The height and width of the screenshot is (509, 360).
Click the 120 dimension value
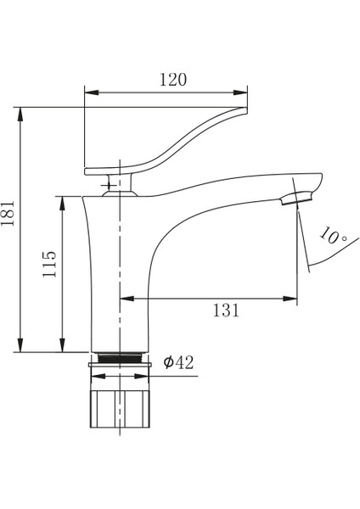(x=173, y=80)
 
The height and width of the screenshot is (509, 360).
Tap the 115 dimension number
(x=49, y=264)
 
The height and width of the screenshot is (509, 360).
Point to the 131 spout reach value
(x=226, y=310)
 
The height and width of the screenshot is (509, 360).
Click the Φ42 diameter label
(x=178, y=362)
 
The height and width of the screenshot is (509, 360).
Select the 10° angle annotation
(x=332, y=235)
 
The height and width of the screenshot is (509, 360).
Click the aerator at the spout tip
(x=296, y=198)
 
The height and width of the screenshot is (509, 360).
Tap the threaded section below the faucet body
(x=120, y=358)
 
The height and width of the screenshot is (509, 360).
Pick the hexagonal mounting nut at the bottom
(x=120, y=409)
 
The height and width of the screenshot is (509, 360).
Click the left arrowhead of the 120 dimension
(x=92, y=92)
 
